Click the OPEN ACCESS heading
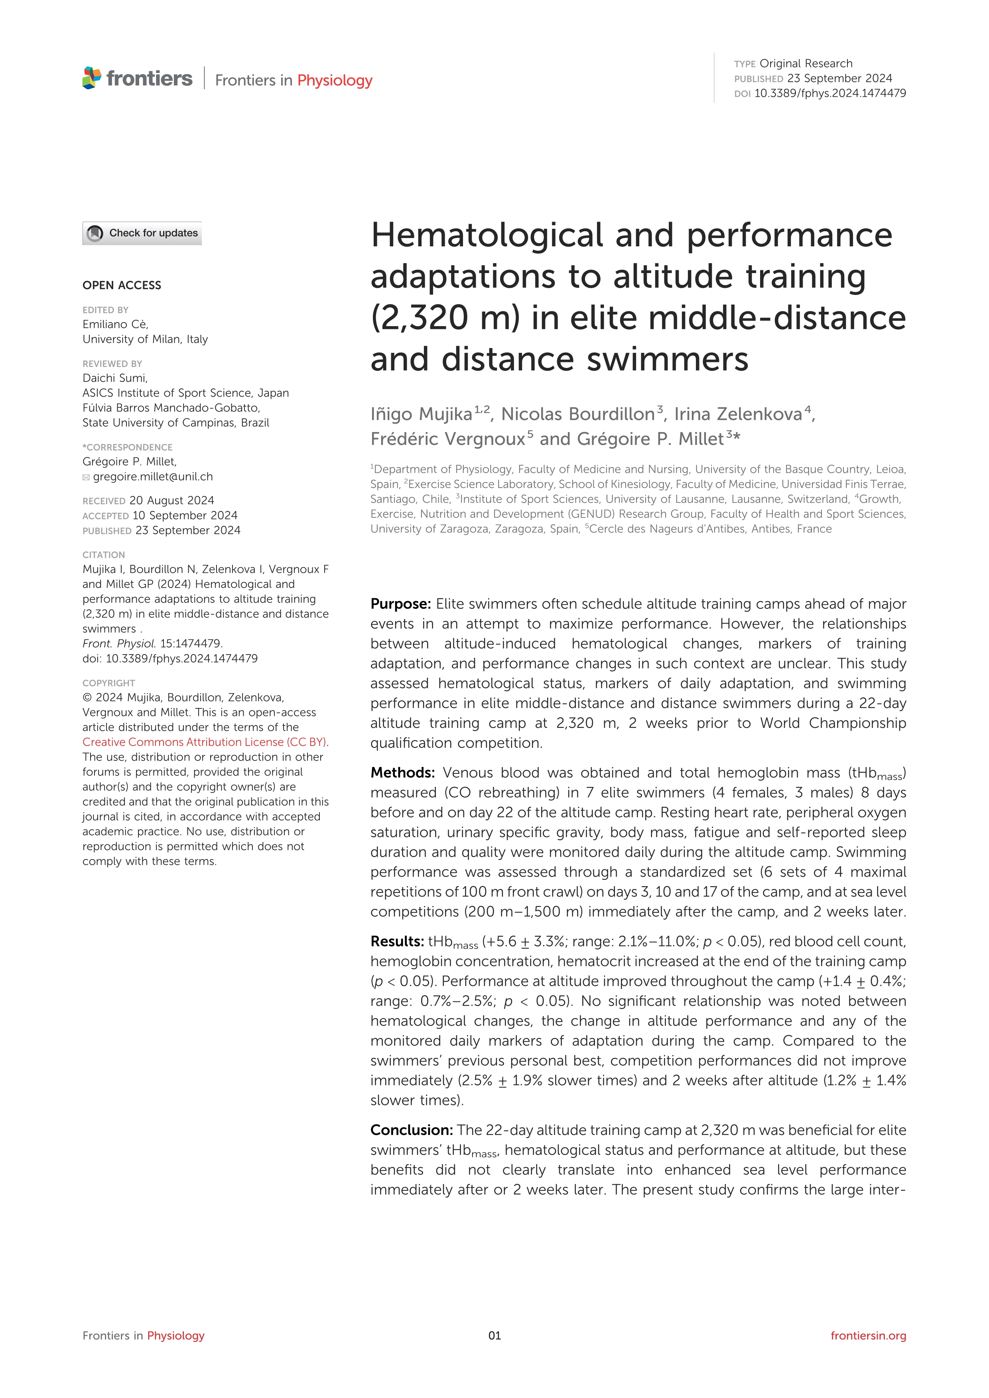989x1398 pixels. (x=122, y=285)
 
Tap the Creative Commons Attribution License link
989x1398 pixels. (x=205, y=741)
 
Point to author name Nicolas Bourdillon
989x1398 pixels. (x=577, y=414)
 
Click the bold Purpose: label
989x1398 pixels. (x=401, y=604)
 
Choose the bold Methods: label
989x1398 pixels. (x=402, y=773)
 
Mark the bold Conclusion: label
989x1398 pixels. (x=412, y=1130)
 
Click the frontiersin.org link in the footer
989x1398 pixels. (x=868, y=1335)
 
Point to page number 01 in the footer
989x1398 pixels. (x=494, y=1335)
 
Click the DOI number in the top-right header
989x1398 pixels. (x=829, y=93)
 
